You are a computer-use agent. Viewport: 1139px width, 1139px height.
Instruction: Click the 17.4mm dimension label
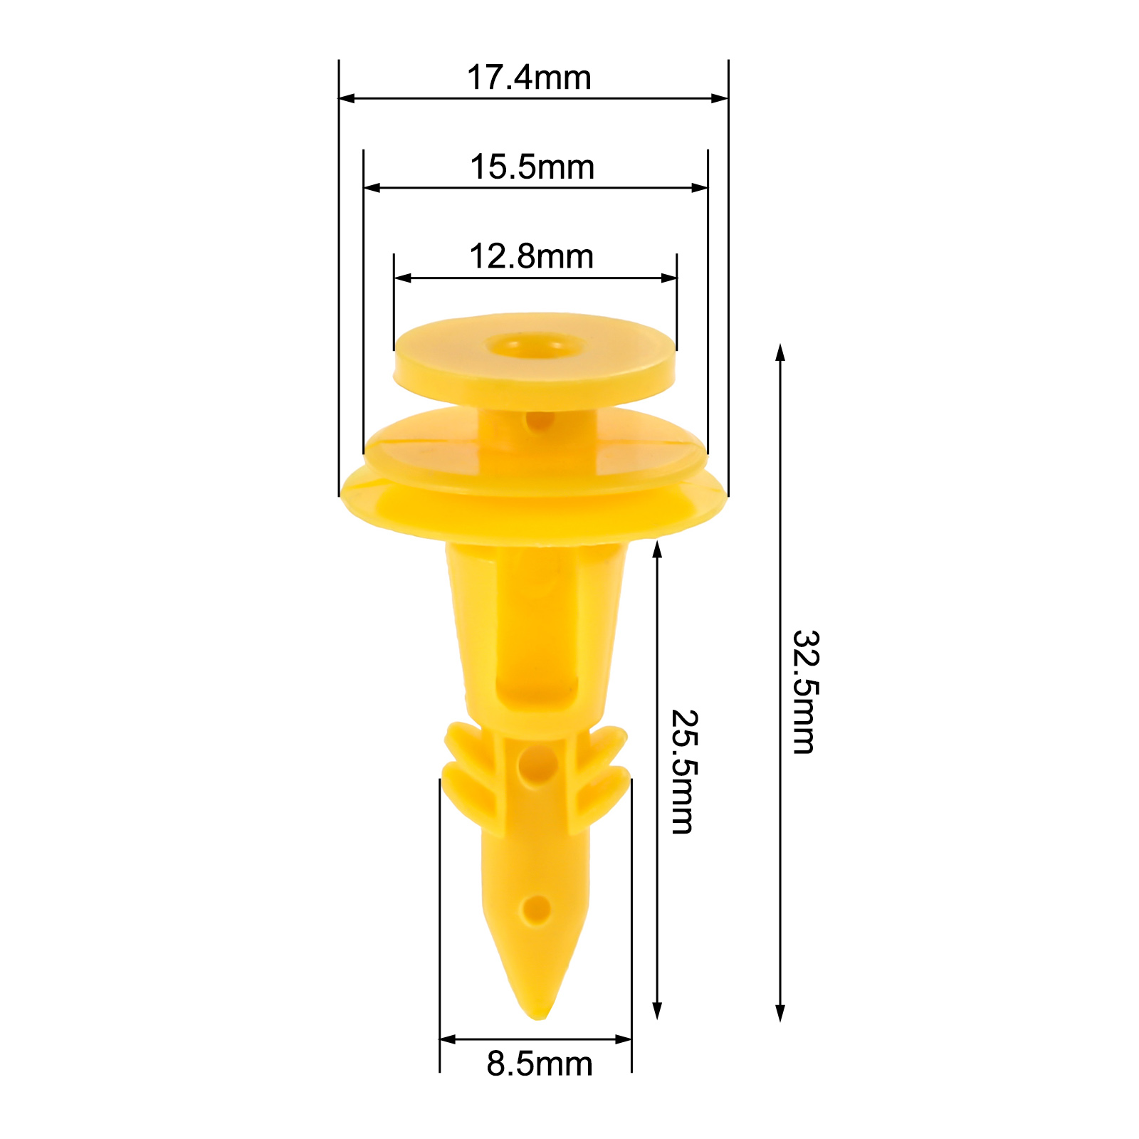click(x=529, y=78)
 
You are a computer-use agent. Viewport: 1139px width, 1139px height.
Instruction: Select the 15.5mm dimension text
click(x=532, y=167)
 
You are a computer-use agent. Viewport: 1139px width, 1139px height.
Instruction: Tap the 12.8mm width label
click(x=531, y=256)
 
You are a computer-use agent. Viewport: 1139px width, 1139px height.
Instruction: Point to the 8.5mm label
click(x=540, y=1064)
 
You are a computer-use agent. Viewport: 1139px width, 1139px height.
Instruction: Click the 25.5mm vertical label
click(x=684, y=772)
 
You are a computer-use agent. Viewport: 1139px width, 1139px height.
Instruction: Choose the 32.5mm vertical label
click(x=807, y=691)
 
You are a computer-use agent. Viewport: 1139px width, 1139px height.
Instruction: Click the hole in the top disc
click(x=535, y=347)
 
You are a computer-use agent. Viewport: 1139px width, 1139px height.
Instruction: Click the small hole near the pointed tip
click(x=535, y=910)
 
